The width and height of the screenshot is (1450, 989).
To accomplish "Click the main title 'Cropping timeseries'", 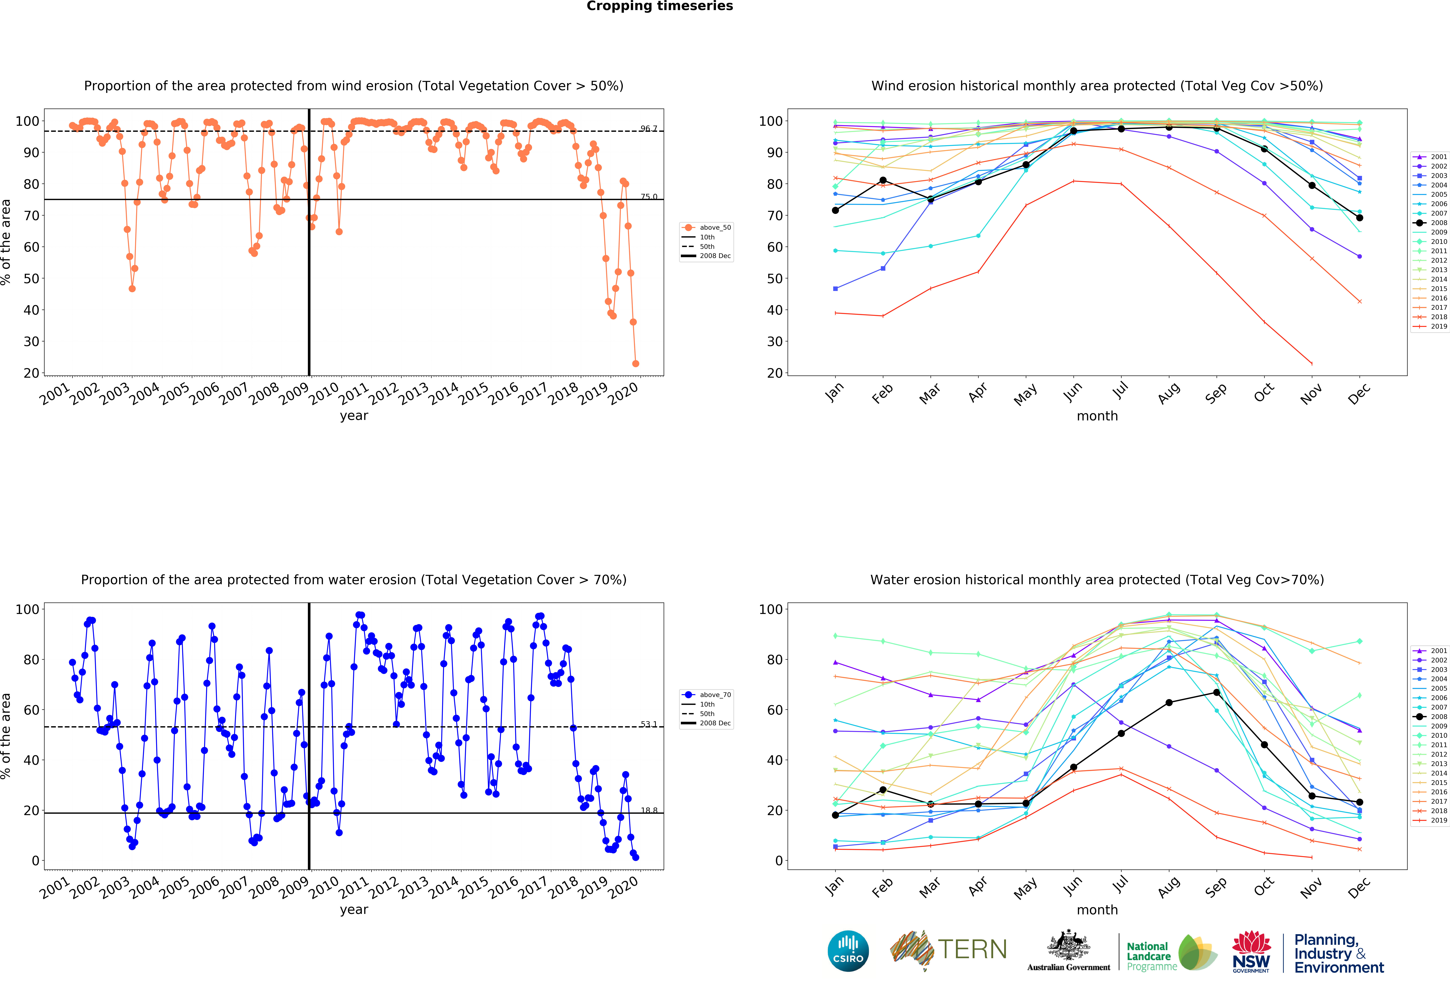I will click(x=659, y=6).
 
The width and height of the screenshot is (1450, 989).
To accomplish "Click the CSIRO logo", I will click(x=848, y=951).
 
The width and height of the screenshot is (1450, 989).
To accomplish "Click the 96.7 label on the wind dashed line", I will click(x=648, y=129).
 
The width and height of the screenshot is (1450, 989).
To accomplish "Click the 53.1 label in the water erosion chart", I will click(x=648, y=724).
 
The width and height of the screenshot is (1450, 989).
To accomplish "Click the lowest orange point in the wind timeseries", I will click(x=635, y=363).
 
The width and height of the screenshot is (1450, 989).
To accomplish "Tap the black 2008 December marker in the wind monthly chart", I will click(x=1360, y=218).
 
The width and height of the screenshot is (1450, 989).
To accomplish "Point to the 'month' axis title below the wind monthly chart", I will click(x=1097, y=416).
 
